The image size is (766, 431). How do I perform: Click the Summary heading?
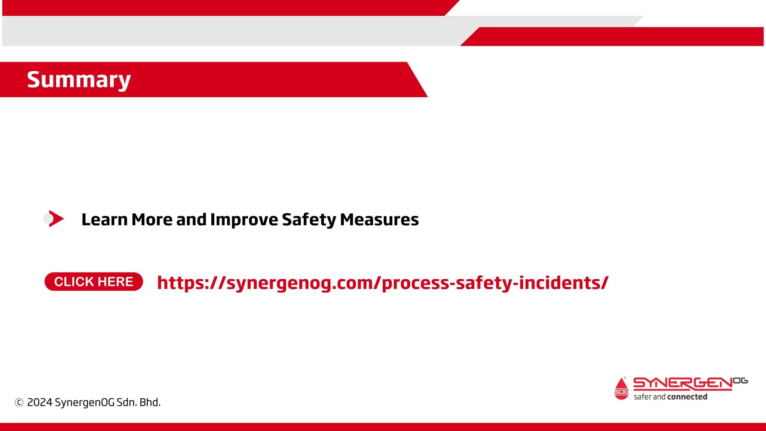79,80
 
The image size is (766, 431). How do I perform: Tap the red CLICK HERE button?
94,282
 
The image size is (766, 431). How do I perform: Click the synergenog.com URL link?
383,283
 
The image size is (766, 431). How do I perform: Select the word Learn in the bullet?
104,220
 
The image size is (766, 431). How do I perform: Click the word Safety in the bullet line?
309,220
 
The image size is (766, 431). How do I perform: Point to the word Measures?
379,220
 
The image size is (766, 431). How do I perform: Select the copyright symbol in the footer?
19,403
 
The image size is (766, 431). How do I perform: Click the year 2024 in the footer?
40,403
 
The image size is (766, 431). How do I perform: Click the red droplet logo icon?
621,389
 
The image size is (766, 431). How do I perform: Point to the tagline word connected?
687,397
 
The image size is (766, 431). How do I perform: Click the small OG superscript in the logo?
740,381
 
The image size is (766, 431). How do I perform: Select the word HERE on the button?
116,282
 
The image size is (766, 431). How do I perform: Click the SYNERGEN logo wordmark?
683,383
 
